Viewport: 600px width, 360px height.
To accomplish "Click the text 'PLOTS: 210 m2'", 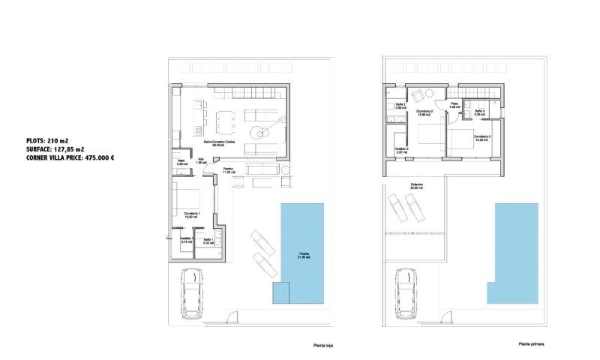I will (x=46, y=140).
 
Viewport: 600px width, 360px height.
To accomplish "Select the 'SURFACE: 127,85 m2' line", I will (x=55, y=149).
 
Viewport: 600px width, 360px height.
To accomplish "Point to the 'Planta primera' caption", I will (x=530, y=344).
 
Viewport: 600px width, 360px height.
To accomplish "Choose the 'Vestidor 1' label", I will (x=187, y=241).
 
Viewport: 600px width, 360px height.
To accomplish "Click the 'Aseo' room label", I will (x=181, y=160).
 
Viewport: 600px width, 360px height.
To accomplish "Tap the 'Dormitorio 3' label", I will (x=483, y=137).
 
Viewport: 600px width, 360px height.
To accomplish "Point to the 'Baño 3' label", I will (x=479, y=112).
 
